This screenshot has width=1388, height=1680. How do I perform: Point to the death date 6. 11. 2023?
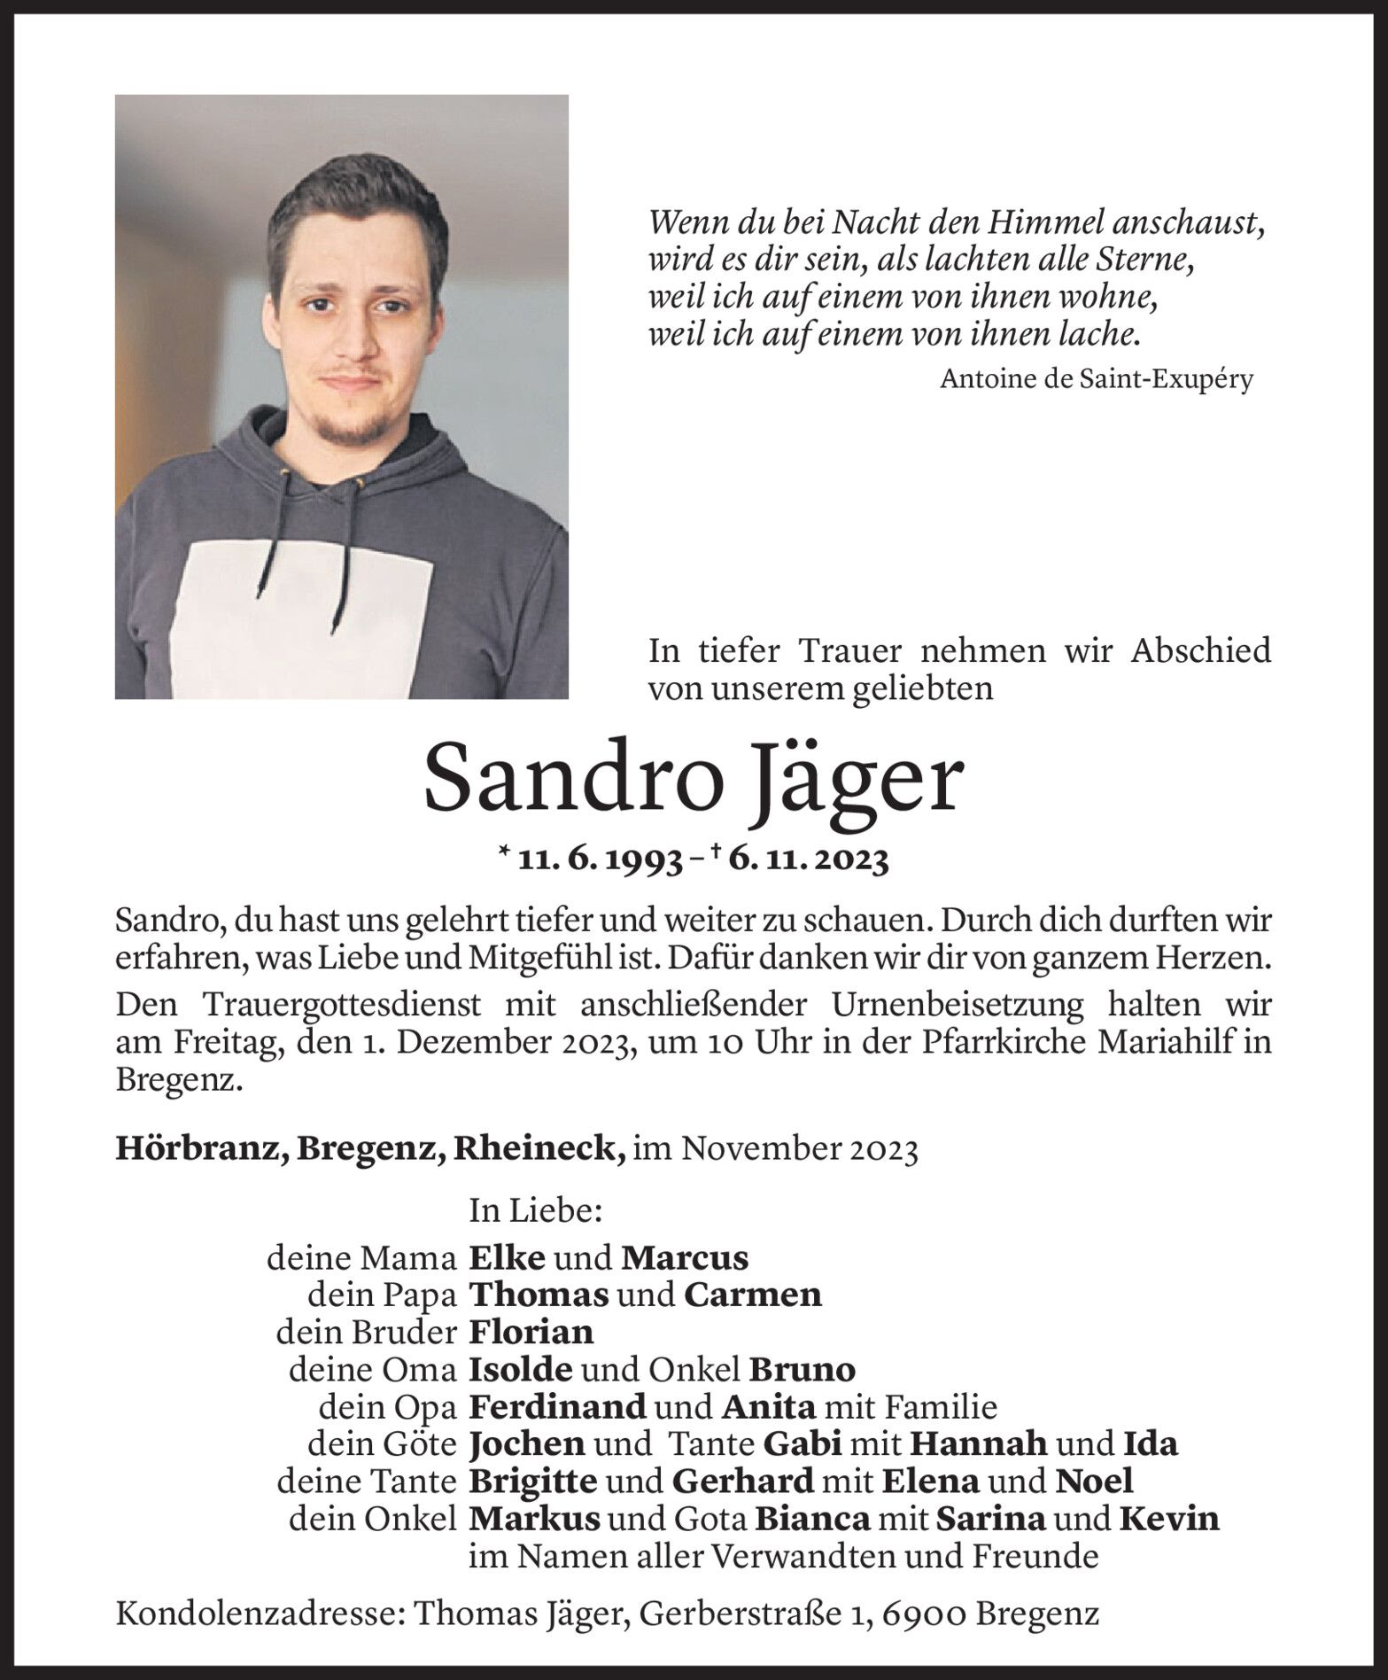[809, 859]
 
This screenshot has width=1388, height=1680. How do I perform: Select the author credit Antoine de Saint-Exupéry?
[1096, 379]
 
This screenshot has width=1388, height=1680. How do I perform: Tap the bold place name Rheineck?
[540, 1148]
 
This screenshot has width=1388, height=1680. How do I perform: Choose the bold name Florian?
[531, 1332]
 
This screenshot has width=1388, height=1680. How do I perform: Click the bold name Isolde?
[521, 1370]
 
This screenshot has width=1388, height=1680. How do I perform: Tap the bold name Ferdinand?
[557, 1407]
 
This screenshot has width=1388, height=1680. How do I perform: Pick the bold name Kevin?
[1169, 1519]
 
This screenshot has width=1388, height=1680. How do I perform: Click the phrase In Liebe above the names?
[535, 1210]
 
